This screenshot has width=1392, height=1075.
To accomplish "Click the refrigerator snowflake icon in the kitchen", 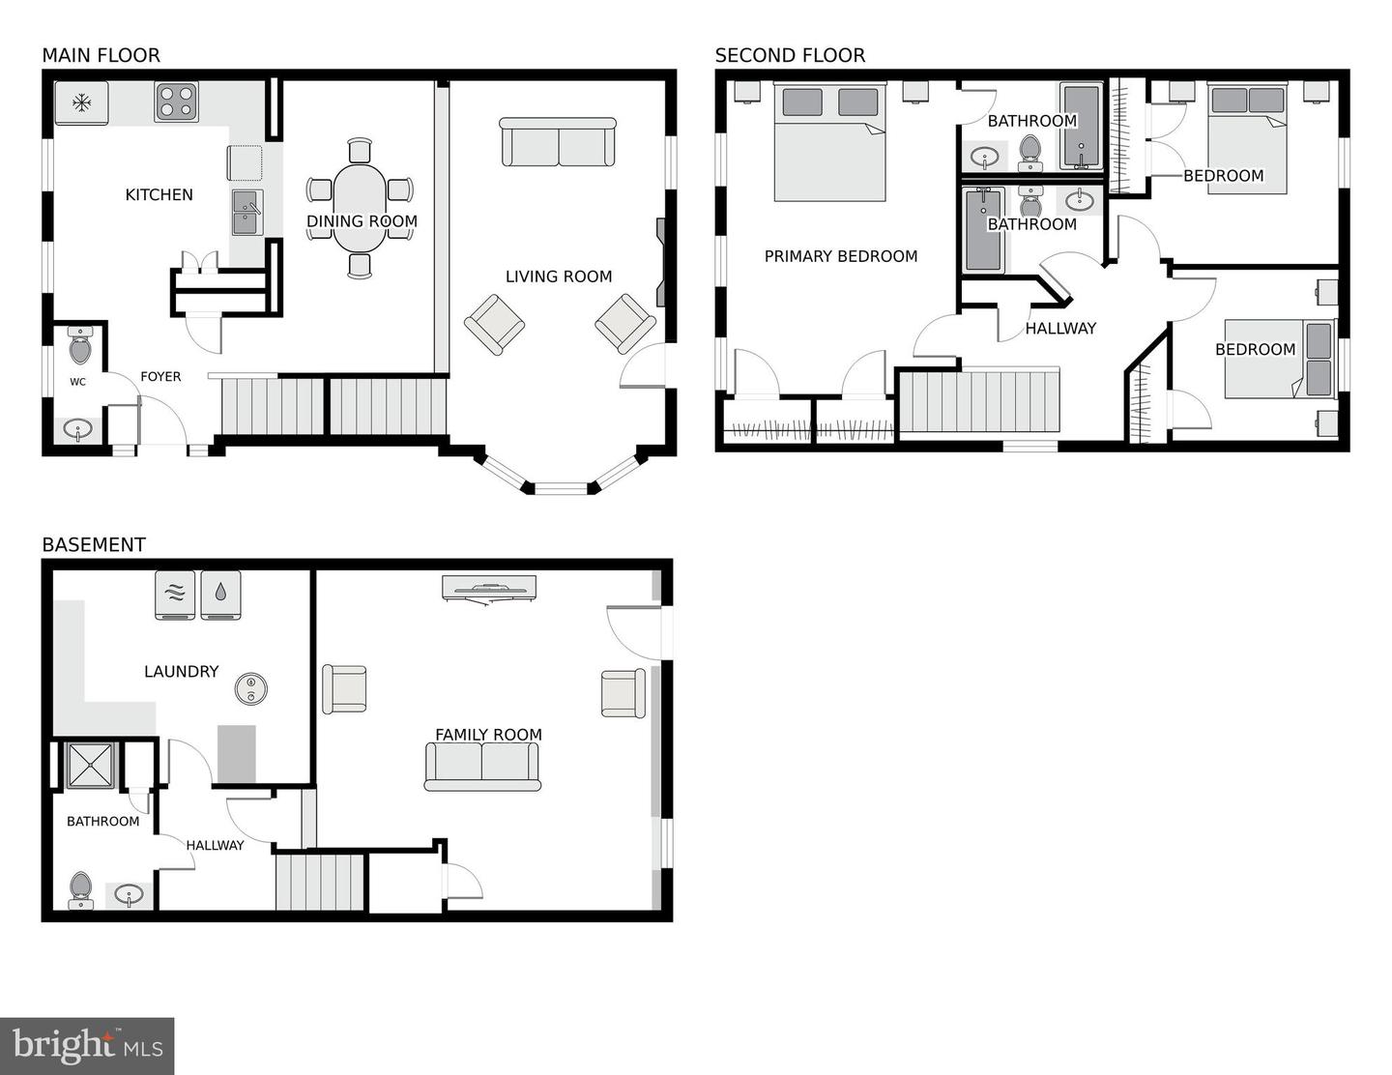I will tap(82, 102).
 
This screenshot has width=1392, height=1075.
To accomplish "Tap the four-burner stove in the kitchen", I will tap(177, 102).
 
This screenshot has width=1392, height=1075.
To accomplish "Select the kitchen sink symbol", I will tap(247, 212).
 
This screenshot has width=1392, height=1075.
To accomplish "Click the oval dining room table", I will tap(361, 208).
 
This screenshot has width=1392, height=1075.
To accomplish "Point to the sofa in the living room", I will tap(558, 143).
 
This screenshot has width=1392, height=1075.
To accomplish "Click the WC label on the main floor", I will tap(77, 382).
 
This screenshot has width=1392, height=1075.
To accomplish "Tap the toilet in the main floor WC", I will tap(80, 345).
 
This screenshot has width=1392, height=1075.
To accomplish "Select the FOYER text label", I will tap(160, 377).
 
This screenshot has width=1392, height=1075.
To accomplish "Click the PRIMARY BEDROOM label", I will tap(841, 256).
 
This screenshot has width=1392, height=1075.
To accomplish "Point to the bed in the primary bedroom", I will tap(829, 143).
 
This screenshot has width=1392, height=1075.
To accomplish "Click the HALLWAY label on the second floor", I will tap(1060, 329).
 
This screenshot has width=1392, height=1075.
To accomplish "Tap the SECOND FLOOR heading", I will tap(790, 55).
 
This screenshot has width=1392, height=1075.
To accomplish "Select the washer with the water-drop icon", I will tap(220, 595).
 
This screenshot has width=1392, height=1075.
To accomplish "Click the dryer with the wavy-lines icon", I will tap(175, 595).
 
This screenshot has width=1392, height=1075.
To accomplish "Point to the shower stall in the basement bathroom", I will tap(91, 766).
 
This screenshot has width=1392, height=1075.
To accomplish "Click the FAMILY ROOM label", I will tap(488, 735).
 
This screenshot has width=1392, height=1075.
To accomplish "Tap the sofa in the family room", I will tap(482, 766).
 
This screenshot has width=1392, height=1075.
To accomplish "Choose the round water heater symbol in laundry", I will tap(251, 688).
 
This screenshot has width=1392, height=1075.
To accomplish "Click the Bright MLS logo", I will tap(87, 1046).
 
